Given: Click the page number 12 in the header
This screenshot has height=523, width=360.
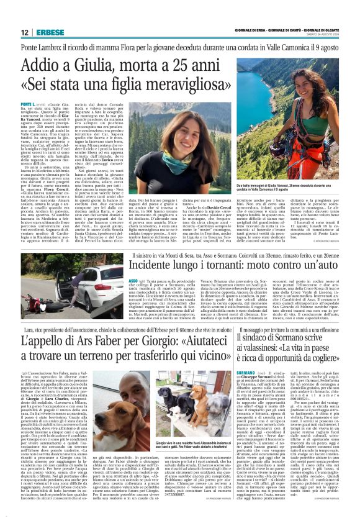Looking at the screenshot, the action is (x=24, y=33).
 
